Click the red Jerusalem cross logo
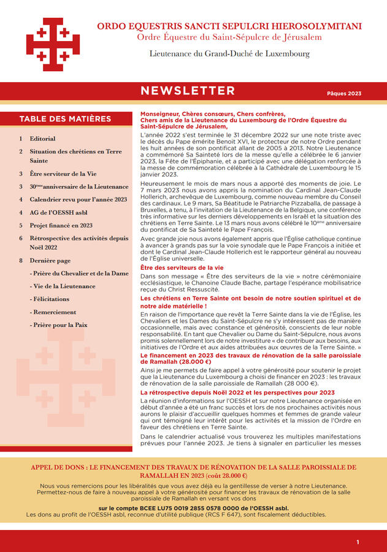point(53,44)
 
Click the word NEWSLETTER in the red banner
point(187,91)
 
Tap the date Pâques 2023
point(344,94)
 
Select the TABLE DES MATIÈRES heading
point(65,119)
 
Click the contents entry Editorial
point(42,139)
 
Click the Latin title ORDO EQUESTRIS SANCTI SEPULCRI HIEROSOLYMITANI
point(229,26)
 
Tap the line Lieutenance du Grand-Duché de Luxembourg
point(229,54)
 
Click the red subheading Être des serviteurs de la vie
point(182,268)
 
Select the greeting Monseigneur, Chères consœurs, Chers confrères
point(212,114)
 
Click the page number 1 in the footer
point(358,542)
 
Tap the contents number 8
point(21,261)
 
